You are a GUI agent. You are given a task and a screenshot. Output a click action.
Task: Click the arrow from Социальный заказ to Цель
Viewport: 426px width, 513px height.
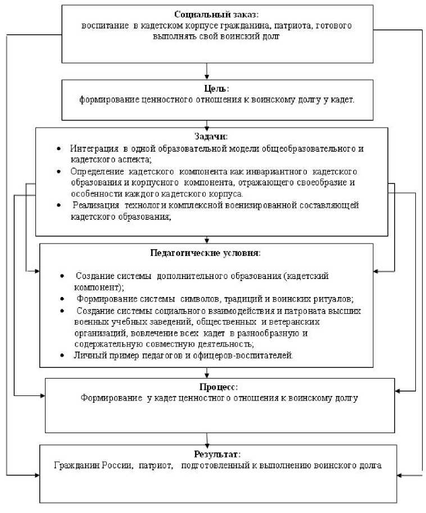pos(209,71)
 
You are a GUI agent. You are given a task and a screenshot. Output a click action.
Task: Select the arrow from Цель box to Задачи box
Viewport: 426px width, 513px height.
pos(208,124)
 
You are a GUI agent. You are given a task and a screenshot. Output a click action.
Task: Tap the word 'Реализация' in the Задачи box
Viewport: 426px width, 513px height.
pos(96,205)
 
